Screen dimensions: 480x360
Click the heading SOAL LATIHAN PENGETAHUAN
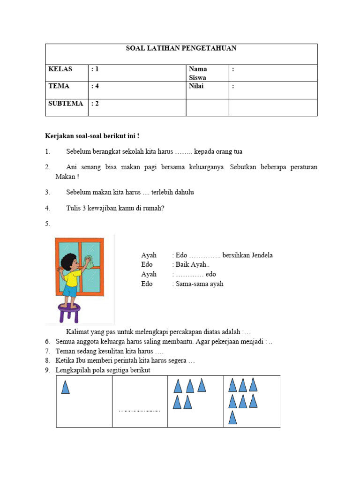pos(181,48)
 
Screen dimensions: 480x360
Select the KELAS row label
pos(60,69)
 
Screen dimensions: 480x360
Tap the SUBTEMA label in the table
pos(66,104)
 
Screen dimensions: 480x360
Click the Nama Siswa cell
pos(197,73)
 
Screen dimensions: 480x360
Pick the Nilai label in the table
pos(196,86)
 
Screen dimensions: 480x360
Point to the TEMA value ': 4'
pos(95,86)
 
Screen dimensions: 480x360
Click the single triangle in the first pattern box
pos(66,387)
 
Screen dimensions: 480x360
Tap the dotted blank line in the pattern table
pos(139,411)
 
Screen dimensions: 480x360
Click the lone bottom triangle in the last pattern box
pos(232,417)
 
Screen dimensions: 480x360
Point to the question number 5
pos(47,224)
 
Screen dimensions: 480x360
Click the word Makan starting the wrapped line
pos(65,177)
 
